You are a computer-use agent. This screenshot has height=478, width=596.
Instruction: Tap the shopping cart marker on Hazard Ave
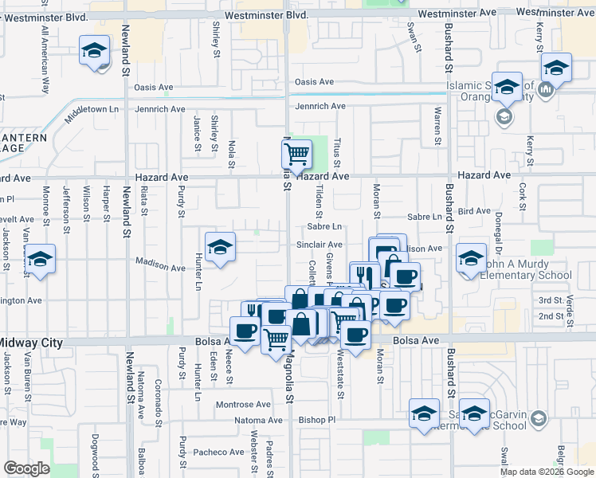click(x=297, y=153)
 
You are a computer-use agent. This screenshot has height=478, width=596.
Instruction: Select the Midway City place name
click(x=29, y=343)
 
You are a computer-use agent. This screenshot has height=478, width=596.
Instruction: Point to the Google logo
click(x=26, y=468)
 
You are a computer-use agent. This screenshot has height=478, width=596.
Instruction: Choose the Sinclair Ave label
click(x=323, y=245)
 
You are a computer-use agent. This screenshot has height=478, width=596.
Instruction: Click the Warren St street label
click(x=437, y=126)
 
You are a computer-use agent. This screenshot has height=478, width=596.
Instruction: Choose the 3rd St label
click(x=550, y=300)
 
